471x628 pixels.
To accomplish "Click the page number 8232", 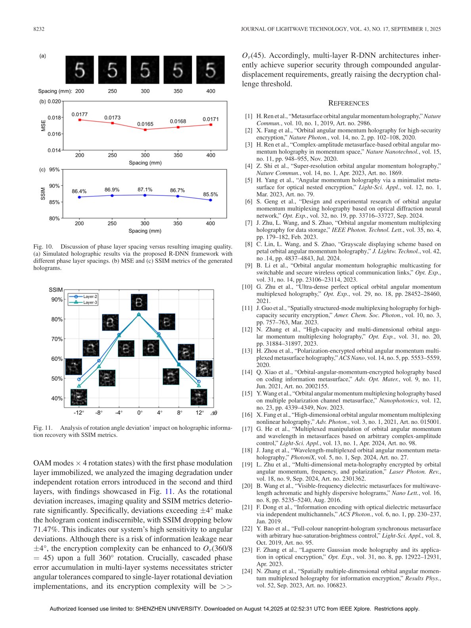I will pyautogui.click(x=38, y=29).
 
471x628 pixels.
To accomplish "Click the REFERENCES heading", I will pyautogui.click(x=348, y=103).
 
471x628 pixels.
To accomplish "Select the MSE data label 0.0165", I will pyautogui.click(x=145, y=124).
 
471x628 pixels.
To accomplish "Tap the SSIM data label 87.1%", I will pyautogui.click(x=145, y=190).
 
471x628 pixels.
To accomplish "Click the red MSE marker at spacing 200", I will pyautogui.click(x=80, y=120).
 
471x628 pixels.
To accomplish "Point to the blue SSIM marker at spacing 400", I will pyautogui.click(x=211, y=200).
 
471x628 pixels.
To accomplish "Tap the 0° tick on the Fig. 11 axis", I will pyautogui.click(x=140, y=413).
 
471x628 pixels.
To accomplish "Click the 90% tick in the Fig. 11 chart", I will pyautogui.click(x=57, y=300).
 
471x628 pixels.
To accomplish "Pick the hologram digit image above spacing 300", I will pyautogui.click(x=145, y=70).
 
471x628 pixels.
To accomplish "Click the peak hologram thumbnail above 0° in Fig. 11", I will pyautogui.click(x=139, y=302).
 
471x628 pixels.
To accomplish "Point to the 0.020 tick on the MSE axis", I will pyautogui.click(x=54, y=101).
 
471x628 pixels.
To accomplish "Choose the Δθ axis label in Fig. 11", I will pyautogui.click(x=214, y=413).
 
